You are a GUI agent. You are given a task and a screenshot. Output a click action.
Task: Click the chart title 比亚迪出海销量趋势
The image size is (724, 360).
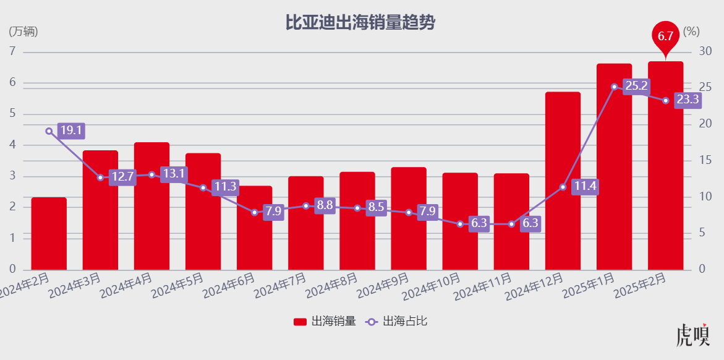[x=360, y=23]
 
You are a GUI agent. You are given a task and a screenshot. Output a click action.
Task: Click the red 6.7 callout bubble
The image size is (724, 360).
[x=665, y=36]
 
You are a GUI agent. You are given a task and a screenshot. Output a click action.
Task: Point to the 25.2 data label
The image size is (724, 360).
[x=636, y=87]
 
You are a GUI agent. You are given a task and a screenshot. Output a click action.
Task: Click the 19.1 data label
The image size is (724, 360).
[x=70, y=131]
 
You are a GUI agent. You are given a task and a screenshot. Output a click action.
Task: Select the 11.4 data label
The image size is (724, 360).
[x=584, y=186]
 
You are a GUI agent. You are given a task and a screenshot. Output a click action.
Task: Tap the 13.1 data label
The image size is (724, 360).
[x=173, y=174]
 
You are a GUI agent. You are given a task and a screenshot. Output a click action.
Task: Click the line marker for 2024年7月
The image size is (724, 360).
[x=305, y=206]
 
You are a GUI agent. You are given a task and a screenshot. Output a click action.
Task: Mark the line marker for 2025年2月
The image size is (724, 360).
[x=665, y=101]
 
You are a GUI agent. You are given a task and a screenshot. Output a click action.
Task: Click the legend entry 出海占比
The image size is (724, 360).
[x=396, y=322]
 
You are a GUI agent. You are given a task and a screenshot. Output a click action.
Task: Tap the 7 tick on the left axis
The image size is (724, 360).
[x=12, y=52]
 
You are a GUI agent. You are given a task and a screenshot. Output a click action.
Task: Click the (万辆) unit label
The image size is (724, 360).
[x=24, y=32]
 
